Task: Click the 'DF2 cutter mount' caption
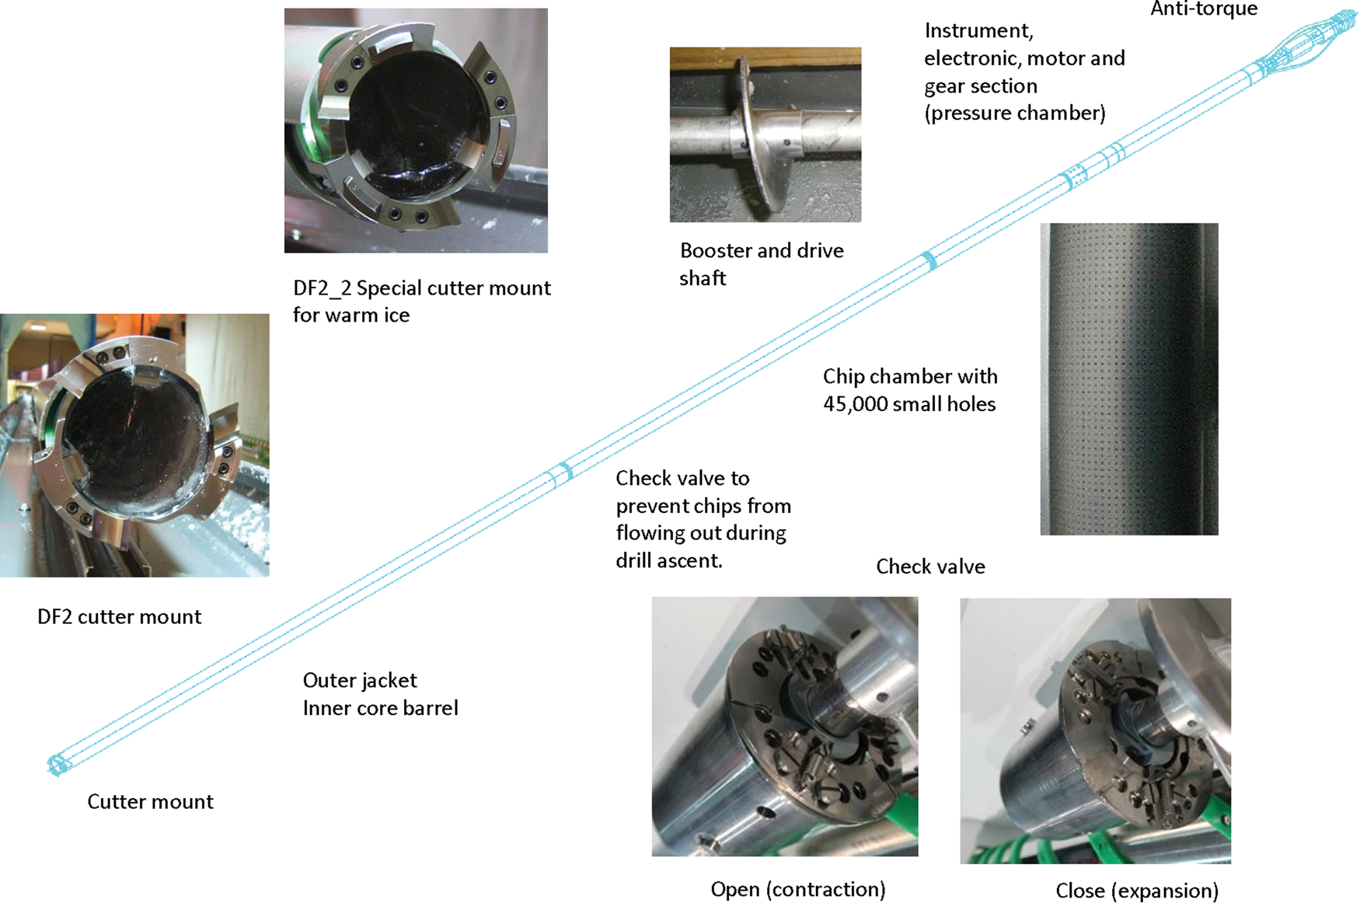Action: (x=119, y=617)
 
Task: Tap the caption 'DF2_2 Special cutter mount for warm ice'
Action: (x=422, y=302)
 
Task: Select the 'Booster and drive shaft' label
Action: (x=762, y=264)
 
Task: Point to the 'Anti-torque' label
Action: (x=1204, y=9)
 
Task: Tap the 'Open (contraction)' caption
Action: (x=798, y=890)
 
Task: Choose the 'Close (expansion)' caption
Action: (x=1137, y=891)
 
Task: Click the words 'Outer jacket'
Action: (x=360, y=681)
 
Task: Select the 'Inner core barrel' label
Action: (x=380, y=708)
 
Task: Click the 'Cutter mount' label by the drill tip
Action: (x=150, y=802)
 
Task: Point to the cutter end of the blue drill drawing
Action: (x=57, y=765)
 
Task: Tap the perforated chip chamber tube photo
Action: (x=1129, y=379)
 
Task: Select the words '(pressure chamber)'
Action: (x=1015, y=113)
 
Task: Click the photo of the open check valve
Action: (x=785, y=727)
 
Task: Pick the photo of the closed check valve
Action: (x=1096, y=730)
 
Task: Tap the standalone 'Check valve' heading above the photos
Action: (x=930, y=567)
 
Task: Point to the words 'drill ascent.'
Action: (x=669, y=561)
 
